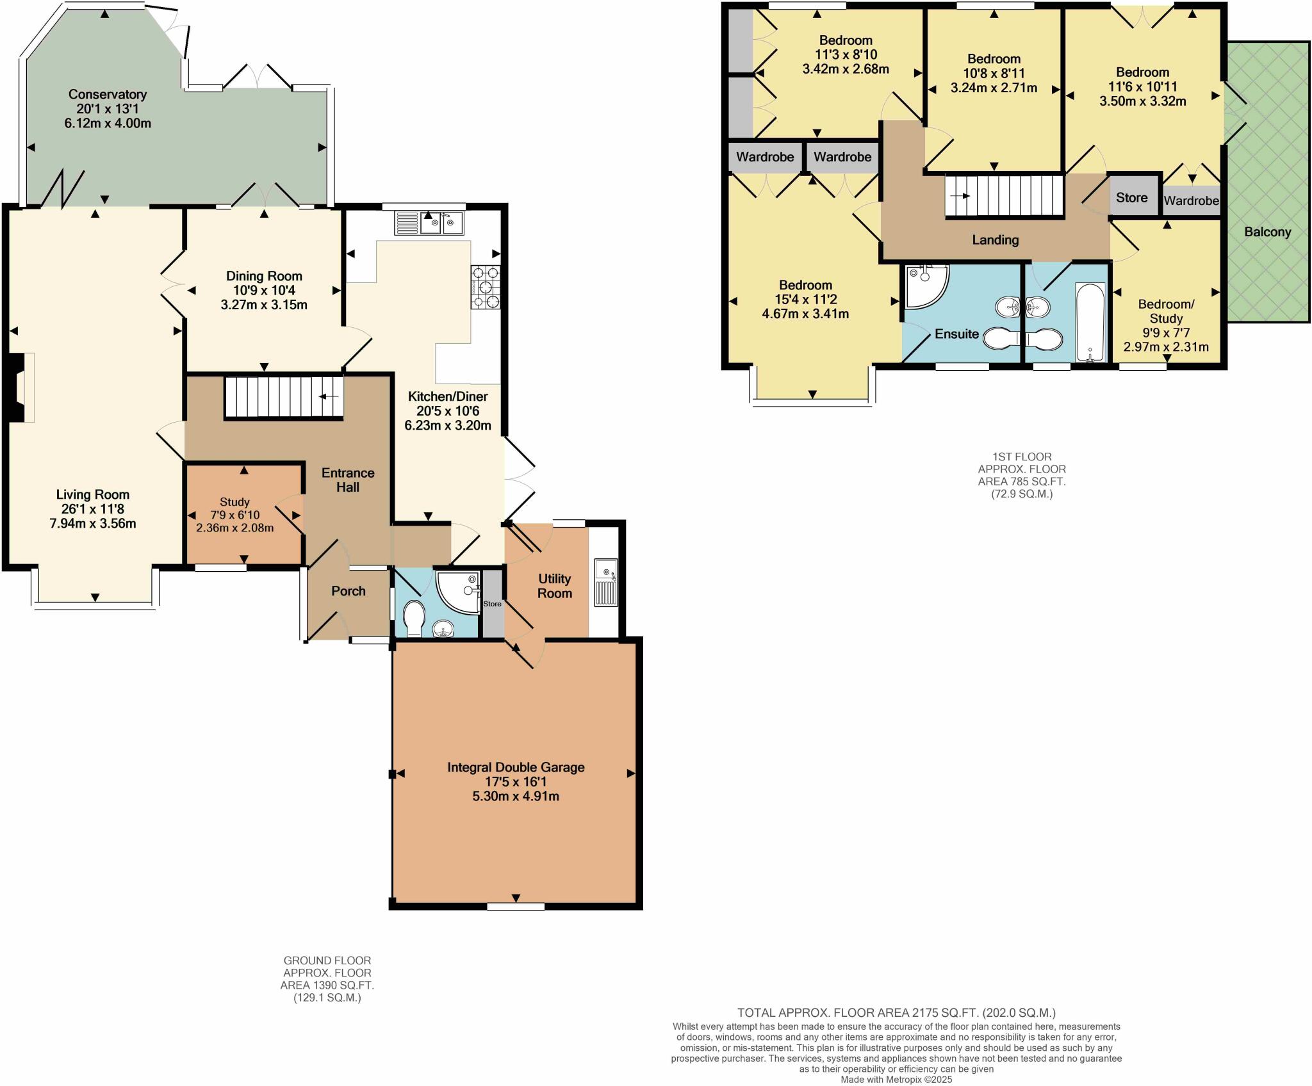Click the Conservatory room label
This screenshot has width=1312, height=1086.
[x=108, y=95]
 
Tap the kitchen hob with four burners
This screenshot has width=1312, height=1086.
[x=485, y=287]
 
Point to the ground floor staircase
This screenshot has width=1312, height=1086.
[x=283, y=397]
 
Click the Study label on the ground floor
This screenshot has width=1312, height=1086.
[x=234, y=502]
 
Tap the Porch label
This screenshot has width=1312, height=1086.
[x=348, y=591]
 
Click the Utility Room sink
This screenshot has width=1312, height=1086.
[x=605, y=582]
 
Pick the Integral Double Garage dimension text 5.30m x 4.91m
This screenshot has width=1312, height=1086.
[x=516, y=797]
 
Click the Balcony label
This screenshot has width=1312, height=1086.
[x=1267, y=232]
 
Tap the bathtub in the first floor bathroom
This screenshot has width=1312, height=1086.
[x=1090, y=323]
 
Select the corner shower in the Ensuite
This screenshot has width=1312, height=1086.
[x=924, y=286]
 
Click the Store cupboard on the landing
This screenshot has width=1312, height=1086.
[x=1131, y=197]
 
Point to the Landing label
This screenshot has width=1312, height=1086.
[x=995, y=239]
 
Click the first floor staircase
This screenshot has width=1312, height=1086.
[x=1004, y=196]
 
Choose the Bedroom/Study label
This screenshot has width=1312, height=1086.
[x=1165, y=311]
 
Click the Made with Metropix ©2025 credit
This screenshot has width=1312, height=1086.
[x=896, y=1080]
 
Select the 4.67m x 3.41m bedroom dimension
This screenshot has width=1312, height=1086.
[x=805, y=314]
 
